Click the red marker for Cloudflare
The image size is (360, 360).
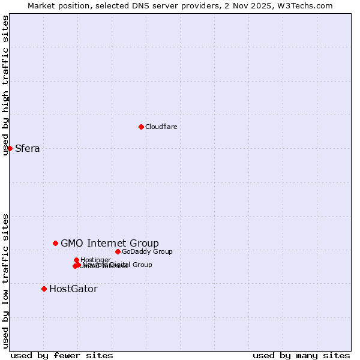(141, 127)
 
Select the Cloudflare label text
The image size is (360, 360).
(161, 127)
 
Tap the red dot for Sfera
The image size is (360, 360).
(10, 148)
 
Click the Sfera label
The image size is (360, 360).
(27, 149)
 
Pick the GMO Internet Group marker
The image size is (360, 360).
(55, 243)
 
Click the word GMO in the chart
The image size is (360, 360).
(71, 243)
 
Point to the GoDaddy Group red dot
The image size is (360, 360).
(118, 251)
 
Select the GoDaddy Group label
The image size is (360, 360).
(146, 251)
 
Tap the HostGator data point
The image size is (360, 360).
(44, 289)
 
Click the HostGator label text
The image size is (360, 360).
(73, 289)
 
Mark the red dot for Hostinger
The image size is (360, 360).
(76, 260)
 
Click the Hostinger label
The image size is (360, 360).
(95, 260)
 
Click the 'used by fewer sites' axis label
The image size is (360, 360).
(62, 355)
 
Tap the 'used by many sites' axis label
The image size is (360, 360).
(301, 355)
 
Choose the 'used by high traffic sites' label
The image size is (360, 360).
(5, 85)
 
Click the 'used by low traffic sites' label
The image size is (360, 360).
(5, 280)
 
